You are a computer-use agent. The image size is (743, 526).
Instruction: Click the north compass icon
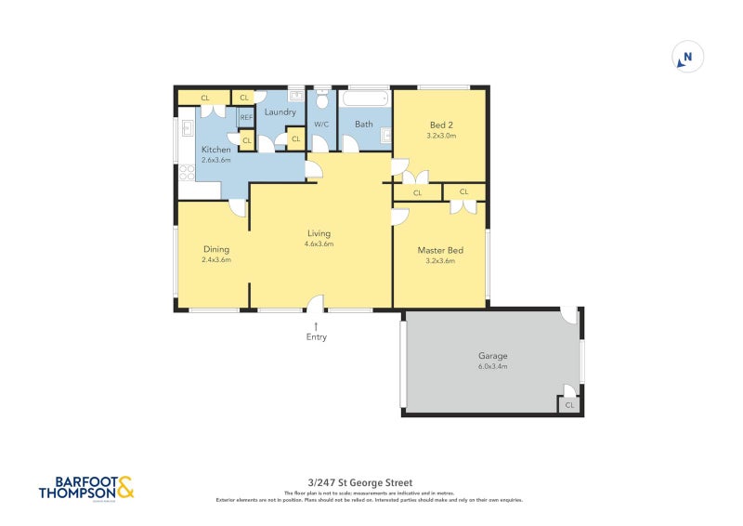click(x=687, y=58)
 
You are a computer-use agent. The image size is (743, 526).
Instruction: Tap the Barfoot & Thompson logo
click(x=85, y=489)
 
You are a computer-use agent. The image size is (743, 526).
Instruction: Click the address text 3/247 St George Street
click(x=359, y=482)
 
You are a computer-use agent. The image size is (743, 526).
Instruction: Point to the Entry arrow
click(x=317, y=325)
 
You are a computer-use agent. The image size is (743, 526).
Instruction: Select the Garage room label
click(x=493, y=356)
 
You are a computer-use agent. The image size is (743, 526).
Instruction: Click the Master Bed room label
click(x=439, y=250)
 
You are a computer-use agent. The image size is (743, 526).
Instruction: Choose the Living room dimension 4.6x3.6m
click(x=319, y=244)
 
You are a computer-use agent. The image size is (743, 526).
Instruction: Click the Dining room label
click(x=216, y=249)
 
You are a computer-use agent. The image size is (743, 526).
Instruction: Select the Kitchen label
click(x=216, y=150)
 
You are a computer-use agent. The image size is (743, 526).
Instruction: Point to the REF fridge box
click(x=246, y=118)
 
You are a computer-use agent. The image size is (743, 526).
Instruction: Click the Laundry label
click(x=280, y=112)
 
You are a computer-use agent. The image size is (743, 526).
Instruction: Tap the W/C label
click(x=322, y=124)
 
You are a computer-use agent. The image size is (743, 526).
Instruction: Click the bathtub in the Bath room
click(x=366, y=99)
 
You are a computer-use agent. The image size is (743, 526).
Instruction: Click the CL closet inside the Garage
click(x=569, y=405)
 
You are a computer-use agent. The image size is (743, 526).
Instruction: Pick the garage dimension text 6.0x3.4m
click(x=493, y=367)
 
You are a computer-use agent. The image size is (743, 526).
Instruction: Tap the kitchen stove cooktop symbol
click(x=185, y=172)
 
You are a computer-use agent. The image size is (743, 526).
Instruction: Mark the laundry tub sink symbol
click(x=295, y=95)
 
